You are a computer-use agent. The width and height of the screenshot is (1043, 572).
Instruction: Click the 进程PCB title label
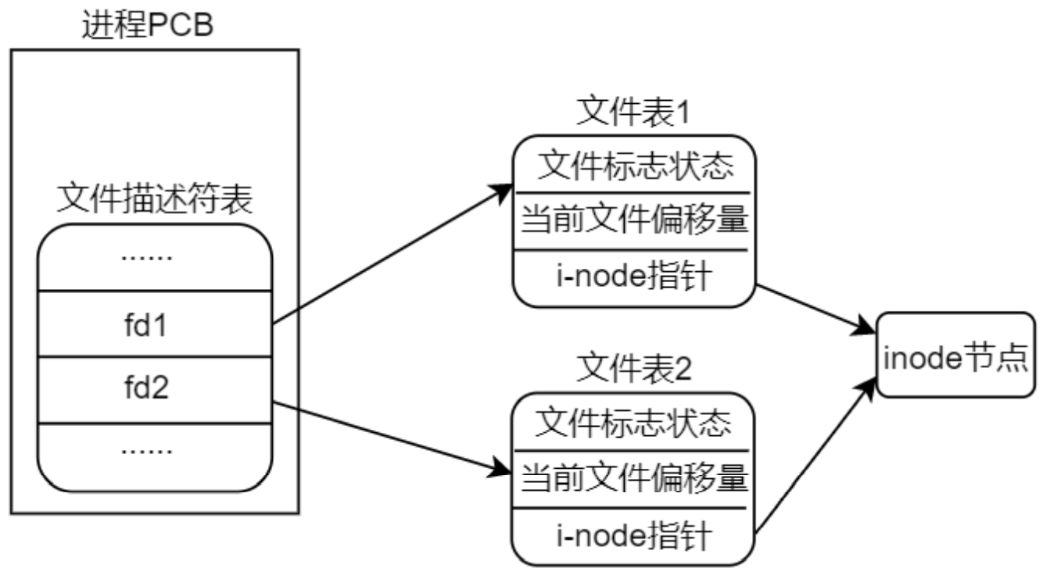tap(148, 27)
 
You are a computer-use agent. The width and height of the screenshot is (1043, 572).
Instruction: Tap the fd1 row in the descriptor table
tap(155, 324)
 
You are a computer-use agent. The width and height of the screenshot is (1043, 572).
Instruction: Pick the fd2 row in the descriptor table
tap(155, 389)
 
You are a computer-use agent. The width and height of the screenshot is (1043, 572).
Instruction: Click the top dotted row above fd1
tap(155, 258)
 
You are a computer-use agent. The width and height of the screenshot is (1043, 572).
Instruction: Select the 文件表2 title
tap(633, 369)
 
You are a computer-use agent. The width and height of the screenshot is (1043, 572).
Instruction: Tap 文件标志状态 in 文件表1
tap(633, 166)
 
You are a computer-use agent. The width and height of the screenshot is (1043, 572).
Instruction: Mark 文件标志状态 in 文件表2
tap(633, 424)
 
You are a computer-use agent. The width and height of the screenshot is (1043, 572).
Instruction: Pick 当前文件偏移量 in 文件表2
tap(633, 477)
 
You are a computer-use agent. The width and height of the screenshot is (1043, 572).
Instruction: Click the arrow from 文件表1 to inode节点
tap(813, 308)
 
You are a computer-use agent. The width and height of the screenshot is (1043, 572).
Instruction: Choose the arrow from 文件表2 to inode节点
tap(813, 456)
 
